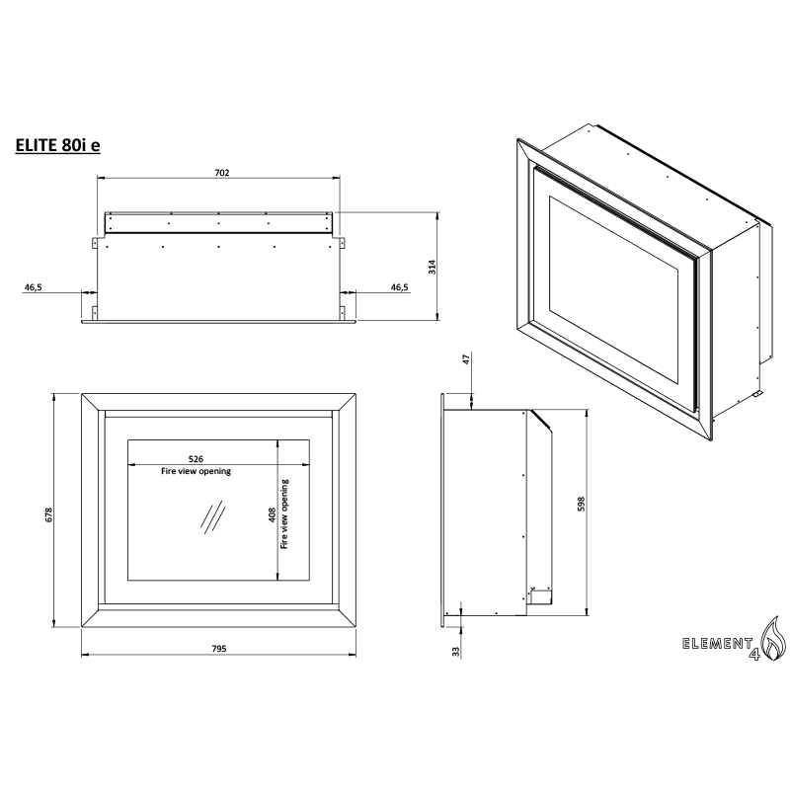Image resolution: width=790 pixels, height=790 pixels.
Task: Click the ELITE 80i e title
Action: click(x=57, y=144)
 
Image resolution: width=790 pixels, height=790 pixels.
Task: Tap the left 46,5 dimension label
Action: click(x=33, y=286)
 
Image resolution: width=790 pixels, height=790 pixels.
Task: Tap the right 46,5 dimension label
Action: click(x=400, y=286)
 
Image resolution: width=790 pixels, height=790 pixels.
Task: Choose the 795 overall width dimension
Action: click(x=219, y=649)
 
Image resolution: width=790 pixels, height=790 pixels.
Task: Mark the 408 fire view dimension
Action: click(x=273, y=515)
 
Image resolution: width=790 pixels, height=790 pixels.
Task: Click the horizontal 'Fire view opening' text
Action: click(x=196, y=472)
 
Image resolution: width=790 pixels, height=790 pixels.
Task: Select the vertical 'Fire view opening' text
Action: click(x=285, y=513)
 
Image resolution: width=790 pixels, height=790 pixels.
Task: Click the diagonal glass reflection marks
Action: click(x=210, y=516)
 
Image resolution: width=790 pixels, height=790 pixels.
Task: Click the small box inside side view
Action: click(x=539, y=594)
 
